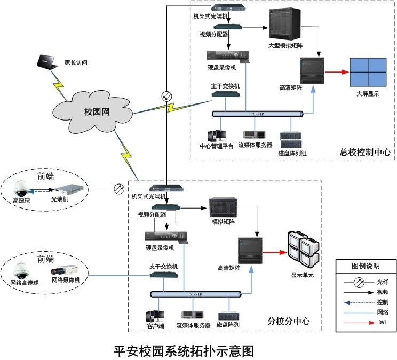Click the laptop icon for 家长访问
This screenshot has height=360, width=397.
(45, 63)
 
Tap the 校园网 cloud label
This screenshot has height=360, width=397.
(97, 111)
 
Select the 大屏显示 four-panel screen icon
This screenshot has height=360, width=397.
(368, 73)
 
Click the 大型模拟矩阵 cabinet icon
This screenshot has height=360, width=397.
(283, 26)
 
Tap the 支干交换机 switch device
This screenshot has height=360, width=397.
(163, 275)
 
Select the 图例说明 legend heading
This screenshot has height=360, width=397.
(366, 266)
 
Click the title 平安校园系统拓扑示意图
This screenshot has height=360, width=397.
(184, 350)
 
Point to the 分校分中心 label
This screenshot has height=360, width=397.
(288, 322)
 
